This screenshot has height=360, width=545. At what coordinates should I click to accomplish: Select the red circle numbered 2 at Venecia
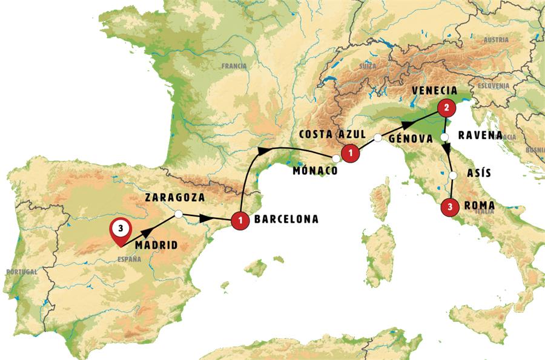[x=446, y=108]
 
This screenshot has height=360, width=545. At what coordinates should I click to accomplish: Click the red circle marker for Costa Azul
[x=349, y=154]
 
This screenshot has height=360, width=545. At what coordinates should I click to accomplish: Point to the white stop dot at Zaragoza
[x=179, y=214]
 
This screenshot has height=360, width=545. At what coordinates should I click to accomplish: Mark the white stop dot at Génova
[x=377, y=138]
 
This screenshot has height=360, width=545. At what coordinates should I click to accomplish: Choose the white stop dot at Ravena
[x=444, y=137]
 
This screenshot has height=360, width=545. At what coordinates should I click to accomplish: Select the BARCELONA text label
[x=286, y=220]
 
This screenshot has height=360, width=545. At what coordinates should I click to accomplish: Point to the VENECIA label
[x=434, y=90]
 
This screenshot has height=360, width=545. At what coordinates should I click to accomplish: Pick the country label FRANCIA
[x=234, y=66]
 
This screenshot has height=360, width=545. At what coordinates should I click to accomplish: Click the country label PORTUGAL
[x=21, y=272]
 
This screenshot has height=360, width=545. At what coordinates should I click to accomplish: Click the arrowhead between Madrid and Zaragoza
[x=147, y=231]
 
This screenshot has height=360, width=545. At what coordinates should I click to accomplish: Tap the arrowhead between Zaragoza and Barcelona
[x=208, y=217]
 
